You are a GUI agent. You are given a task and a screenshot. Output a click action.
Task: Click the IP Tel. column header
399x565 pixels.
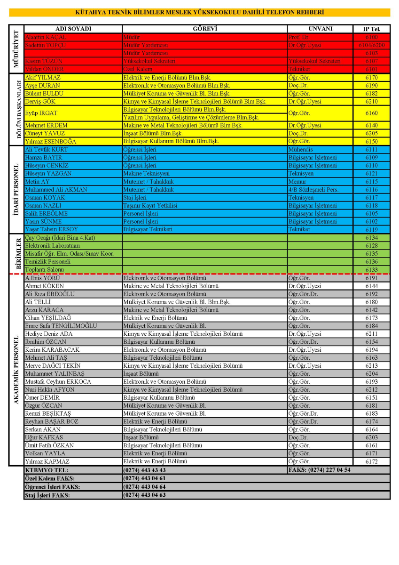click(x=371, y=29)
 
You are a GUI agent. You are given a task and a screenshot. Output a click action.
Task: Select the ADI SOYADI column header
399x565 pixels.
click(x=73, y=29)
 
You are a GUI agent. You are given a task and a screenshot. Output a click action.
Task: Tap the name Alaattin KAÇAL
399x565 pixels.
click(x=46, y=37)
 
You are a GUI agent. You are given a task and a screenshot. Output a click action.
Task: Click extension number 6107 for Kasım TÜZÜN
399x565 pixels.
click(x=371, y=61)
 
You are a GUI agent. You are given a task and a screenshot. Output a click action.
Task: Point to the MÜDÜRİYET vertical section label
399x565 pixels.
click(x=16, y=49)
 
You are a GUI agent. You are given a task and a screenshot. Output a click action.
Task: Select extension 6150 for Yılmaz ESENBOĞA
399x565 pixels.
click(x=371, y=141)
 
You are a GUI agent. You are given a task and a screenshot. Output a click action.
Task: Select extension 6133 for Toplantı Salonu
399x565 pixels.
click(x=371, y=270)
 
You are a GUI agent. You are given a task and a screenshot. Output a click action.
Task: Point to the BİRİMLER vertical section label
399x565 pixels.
click(x=16, y=253)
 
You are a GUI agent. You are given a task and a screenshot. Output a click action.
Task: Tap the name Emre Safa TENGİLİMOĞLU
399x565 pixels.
click(x=61, y=326)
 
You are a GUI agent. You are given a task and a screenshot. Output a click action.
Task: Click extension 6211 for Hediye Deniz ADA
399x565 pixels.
click(x=371, y=334)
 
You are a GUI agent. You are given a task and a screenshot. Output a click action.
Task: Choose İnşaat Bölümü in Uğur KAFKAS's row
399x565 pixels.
click(x=141, y=437)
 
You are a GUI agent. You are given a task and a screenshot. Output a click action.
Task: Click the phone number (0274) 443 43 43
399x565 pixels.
click(x=144, y=470)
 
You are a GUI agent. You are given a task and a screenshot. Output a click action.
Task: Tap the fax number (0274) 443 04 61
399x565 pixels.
click(x=144, y=478)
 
